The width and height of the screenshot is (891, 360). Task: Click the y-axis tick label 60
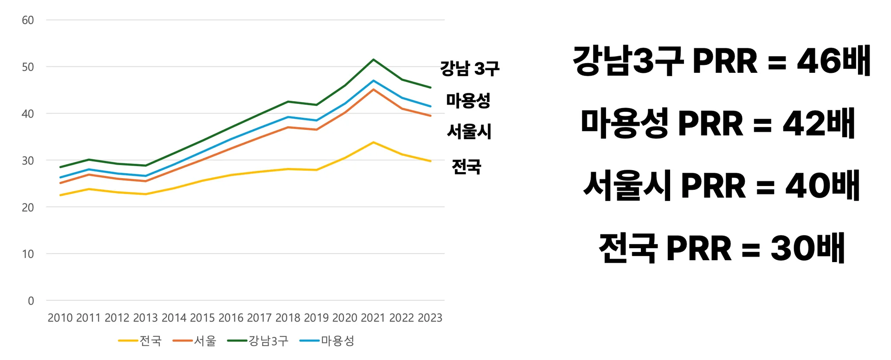point(28,20)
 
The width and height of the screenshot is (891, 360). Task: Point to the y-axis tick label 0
point(31,301)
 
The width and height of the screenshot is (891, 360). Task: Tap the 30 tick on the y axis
point(28,161)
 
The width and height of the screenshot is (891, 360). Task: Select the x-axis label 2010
point(60,318)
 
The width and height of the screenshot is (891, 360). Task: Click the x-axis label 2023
point(430,318)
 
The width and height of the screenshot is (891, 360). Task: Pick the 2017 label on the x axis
point(259,318)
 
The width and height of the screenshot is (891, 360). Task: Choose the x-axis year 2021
point(373,318)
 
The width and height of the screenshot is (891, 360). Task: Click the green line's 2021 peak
point(374,60)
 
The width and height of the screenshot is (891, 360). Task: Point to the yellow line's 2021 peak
point(374,142)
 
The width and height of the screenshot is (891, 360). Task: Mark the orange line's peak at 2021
point(374,90)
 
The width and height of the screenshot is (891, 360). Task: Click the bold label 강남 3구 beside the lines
point(470,69)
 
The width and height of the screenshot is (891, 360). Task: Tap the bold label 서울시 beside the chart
point(469,131)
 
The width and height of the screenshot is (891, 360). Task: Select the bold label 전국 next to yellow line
point(466,166)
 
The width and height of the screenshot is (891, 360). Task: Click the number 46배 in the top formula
point(833,61)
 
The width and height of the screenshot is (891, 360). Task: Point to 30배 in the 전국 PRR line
point(807,248)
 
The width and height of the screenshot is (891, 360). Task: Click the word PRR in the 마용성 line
point(710,123)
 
